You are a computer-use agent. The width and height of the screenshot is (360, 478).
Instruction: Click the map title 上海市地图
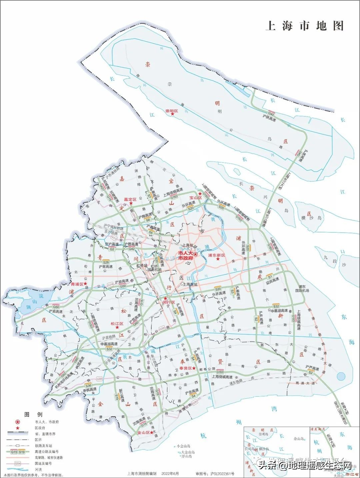pyautogui.click(x=304, y=26)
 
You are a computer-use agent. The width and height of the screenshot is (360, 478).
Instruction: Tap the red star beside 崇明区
pyautogui.click(x=173, y=114)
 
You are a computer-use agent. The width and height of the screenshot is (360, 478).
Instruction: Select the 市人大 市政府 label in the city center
pyautogui.click(x=185, y=256)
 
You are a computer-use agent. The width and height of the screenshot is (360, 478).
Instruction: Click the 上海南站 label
pyautogui.click(x=190, y=284)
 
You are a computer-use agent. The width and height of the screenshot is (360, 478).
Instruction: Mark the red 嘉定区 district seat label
pyautogui.click(x=130, y=199)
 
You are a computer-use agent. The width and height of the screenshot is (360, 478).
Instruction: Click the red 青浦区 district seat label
pyautogui.click(x=77, y=284)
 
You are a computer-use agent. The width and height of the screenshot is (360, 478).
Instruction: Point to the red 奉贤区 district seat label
pyautogui.click(x=185, y=368)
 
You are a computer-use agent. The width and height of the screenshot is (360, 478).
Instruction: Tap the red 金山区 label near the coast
pyautogui.click(x=143, y=433)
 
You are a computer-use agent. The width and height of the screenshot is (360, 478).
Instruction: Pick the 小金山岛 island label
pyautogui.click(x=183, y=446)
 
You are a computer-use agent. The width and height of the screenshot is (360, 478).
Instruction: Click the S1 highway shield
pyautogui.click(x=270, y=277)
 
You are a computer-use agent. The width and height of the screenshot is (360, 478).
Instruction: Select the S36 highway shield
pyautogui.click(x=88, y=385)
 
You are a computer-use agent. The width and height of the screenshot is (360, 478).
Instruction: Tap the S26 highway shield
pyautogui.click(x=106, y=262)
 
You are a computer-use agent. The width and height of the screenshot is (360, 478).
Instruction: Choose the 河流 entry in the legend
pyautogui.click(x=38, y=469)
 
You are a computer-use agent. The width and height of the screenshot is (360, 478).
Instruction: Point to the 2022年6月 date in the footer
pyautogui.click(x=170, y=474)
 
